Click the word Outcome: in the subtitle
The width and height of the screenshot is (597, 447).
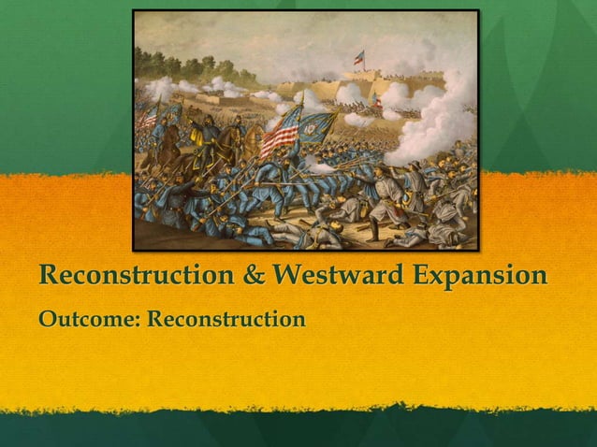point(88,321)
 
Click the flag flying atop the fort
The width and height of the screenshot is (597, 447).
point(358,57)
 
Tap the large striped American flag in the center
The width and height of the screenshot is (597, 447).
point(280,132)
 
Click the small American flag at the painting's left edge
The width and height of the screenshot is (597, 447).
point(148,116)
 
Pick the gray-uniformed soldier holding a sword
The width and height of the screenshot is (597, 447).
point(384,192)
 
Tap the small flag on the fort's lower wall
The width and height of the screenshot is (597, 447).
point(376,98)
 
